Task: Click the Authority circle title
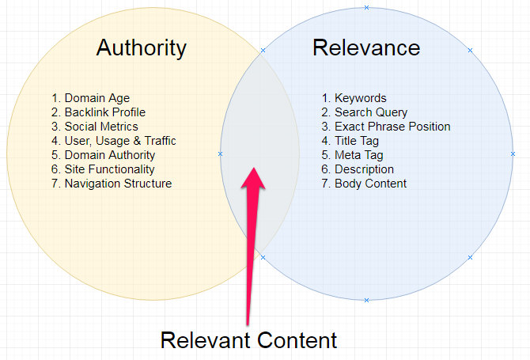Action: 141,47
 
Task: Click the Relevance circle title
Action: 366,47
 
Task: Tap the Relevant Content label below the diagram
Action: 248,340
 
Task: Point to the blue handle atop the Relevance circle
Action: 366,8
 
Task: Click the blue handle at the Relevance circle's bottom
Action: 366,300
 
